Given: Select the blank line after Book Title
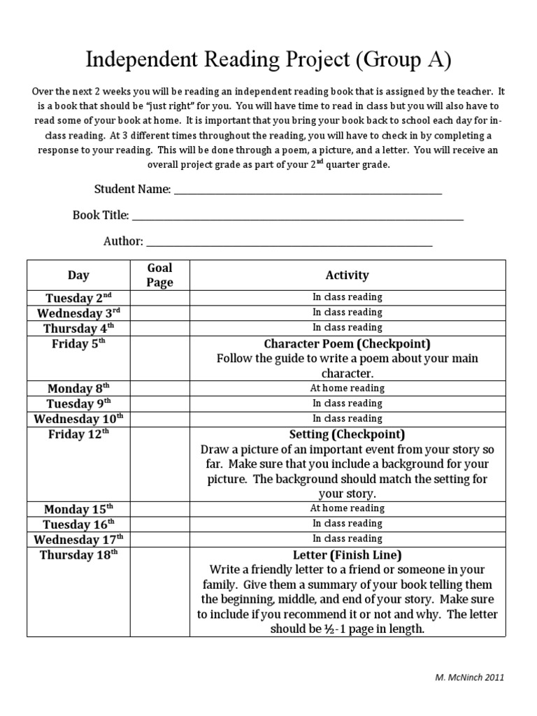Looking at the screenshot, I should tap(297, 217).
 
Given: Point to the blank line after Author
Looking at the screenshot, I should tap(289, 243).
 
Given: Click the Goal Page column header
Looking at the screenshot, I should tap(159, 275).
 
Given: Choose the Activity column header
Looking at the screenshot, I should tap(347, 275).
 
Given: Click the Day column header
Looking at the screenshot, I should tap(78, 275).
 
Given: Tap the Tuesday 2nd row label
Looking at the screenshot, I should tap(78, 298).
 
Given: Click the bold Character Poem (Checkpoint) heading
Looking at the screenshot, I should tap(347, 344).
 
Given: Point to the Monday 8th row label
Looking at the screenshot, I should tap(78, 389).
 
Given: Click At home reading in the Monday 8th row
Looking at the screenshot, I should tap(347, 388).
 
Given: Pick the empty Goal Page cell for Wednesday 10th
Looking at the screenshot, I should tap(159, 419).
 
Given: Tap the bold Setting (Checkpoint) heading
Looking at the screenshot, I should tap(347, 434).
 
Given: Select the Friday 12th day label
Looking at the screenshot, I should tap(78, 434).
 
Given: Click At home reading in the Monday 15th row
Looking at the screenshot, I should tap(347, 508).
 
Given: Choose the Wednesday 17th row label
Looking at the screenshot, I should tap(78, 539).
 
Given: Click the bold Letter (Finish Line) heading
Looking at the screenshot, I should tap(347, 554).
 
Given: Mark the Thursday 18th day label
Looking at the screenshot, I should tap(78, 554).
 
